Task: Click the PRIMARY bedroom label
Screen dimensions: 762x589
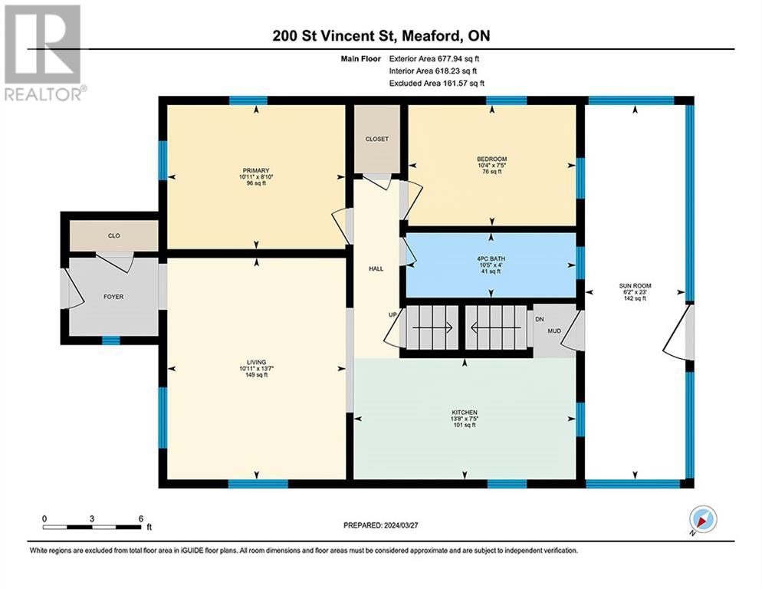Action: pos(256,170)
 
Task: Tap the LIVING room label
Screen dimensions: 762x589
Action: pos(257,362)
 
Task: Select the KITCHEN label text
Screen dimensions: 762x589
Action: pos(464,413)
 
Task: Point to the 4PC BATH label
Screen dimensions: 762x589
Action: pos(491,258)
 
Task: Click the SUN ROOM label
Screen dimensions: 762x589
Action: pos(635,286)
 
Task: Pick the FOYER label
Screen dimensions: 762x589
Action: pos(113,297)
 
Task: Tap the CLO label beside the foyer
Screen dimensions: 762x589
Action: pos(113,236)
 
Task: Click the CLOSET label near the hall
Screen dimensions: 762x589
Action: pos(376,139)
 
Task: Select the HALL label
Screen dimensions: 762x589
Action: pos(376,268)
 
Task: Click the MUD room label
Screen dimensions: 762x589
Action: pos(554,331)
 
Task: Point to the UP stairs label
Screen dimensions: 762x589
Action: pos(392,314)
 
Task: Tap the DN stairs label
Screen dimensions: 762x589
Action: pos(540,319)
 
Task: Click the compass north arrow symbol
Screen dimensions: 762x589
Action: pos(703,519)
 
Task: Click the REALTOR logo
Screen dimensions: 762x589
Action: pos(44,52)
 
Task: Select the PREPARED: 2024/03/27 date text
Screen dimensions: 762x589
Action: pos(380,525)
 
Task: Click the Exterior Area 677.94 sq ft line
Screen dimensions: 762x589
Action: pos(434,59)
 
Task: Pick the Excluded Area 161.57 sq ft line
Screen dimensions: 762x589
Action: pos(436,83)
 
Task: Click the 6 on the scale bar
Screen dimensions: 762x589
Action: pos(141,518)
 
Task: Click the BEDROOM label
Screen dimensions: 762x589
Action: pos(492,159)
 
